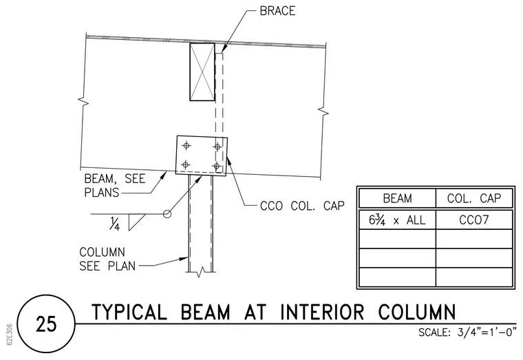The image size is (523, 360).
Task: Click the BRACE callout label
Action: point(277,11)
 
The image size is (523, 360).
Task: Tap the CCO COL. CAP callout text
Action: point(302,206)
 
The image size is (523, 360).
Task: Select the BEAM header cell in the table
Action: point(397,198)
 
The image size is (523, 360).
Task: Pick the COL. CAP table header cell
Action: point(474,198)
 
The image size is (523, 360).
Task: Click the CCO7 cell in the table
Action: point(474,220)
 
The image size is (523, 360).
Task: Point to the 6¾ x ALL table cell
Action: point(397,220)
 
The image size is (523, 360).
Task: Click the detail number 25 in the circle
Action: point(46,324)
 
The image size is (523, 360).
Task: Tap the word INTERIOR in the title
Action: point(322,313)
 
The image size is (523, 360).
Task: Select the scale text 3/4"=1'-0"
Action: point(487,332)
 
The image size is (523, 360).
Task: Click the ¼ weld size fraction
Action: point(114,224)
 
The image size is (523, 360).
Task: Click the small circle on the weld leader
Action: point(167,214)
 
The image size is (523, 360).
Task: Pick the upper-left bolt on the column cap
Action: point(186,145)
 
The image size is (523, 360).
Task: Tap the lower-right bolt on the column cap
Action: point(217,166)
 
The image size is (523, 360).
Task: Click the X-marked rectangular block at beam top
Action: point(202,72)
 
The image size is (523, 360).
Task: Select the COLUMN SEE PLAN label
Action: point(108,259)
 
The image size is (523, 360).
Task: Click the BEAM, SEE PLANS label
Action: point(115,185)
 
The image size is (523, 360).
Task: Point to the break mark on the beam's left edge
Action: point(83,101)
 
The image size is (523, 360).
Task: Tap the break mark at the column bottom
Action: point(200,272)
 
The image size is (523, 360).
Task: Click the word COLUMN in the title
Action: point(417,313)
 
